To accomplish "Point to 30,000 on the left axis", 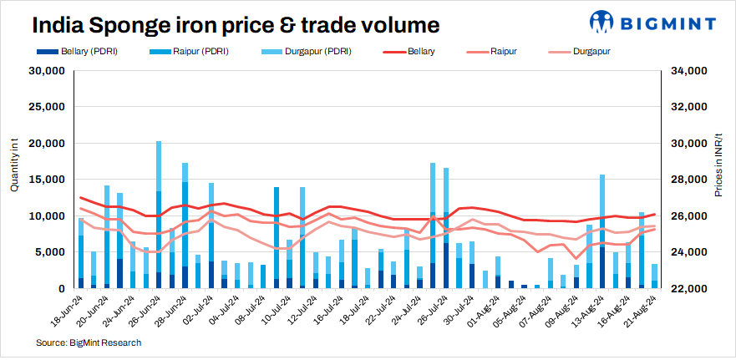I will [48, 71].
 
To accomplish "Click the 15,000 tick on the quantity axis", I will [48, 180].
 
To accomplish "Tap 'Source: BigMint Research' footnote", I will [89, 343].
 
